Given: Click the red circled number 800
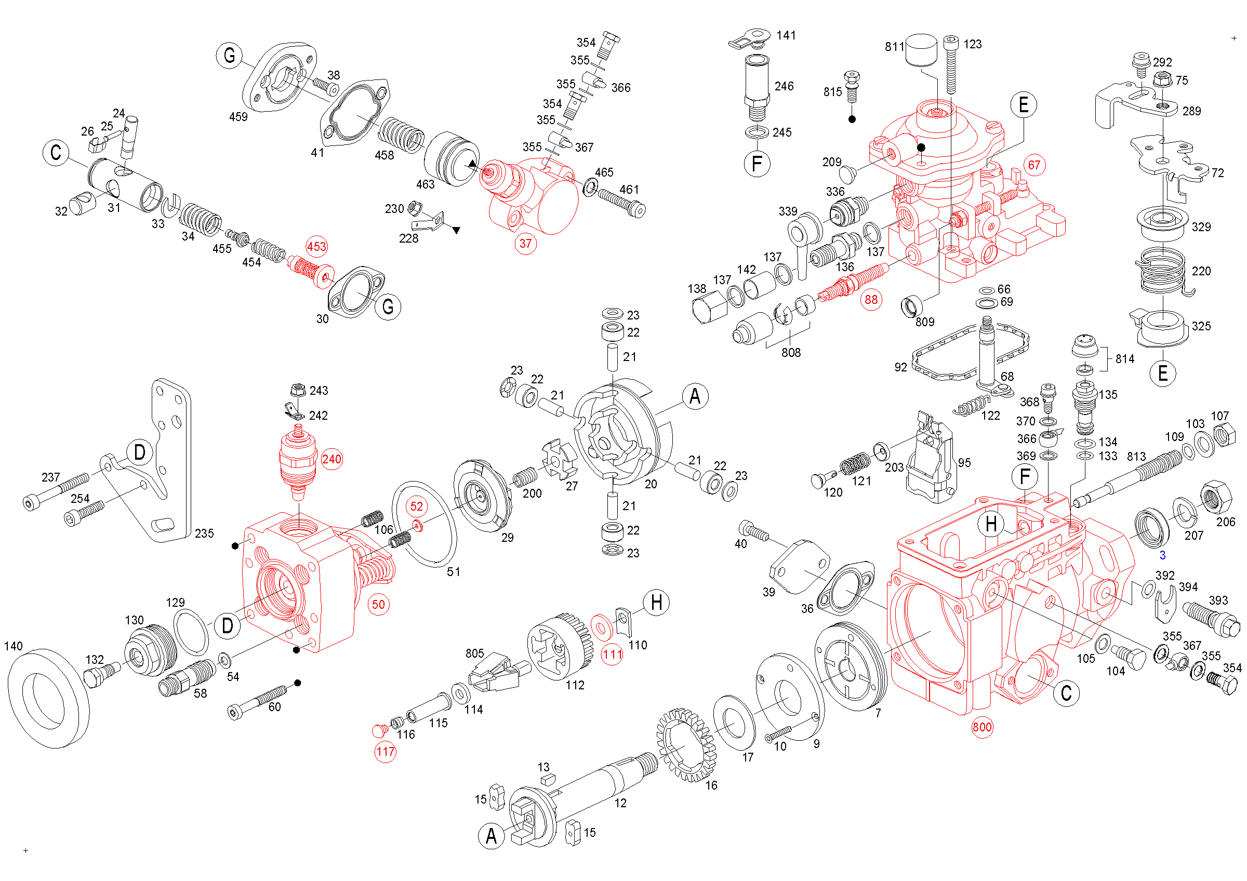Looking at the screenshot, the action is (982, 727).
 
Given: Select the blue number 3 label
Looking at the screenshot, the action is (1162, 555).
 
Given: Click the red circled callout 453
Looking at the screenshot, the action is (316, 246).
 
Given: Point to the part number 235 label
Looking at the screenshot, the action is (204, 533).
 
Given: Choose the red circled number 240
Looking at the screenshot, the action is (332, 459).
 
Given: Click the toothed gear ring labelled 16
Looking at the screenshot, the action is (686, 744).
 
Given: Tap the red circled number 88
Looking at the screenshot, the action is (871, 299).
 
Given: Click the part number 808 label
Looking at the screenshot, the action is (791, 353).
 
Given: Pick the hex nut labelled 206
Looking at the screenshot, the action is (1214, 497).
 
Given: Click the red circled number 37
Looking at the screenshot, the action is (525, 243).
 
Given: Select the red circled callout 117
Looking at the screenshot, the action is (385, 751).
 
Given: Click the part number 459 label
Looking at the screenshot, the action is (238, 117).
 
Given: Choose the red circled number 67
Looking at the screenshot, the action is (1034, 165).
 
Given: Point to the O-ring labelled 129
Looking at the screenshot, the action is (191, 632).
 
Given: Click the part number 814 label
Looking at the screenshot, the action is (1125, 359).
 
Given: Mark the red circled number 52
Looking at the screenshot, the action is (417, 506).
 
